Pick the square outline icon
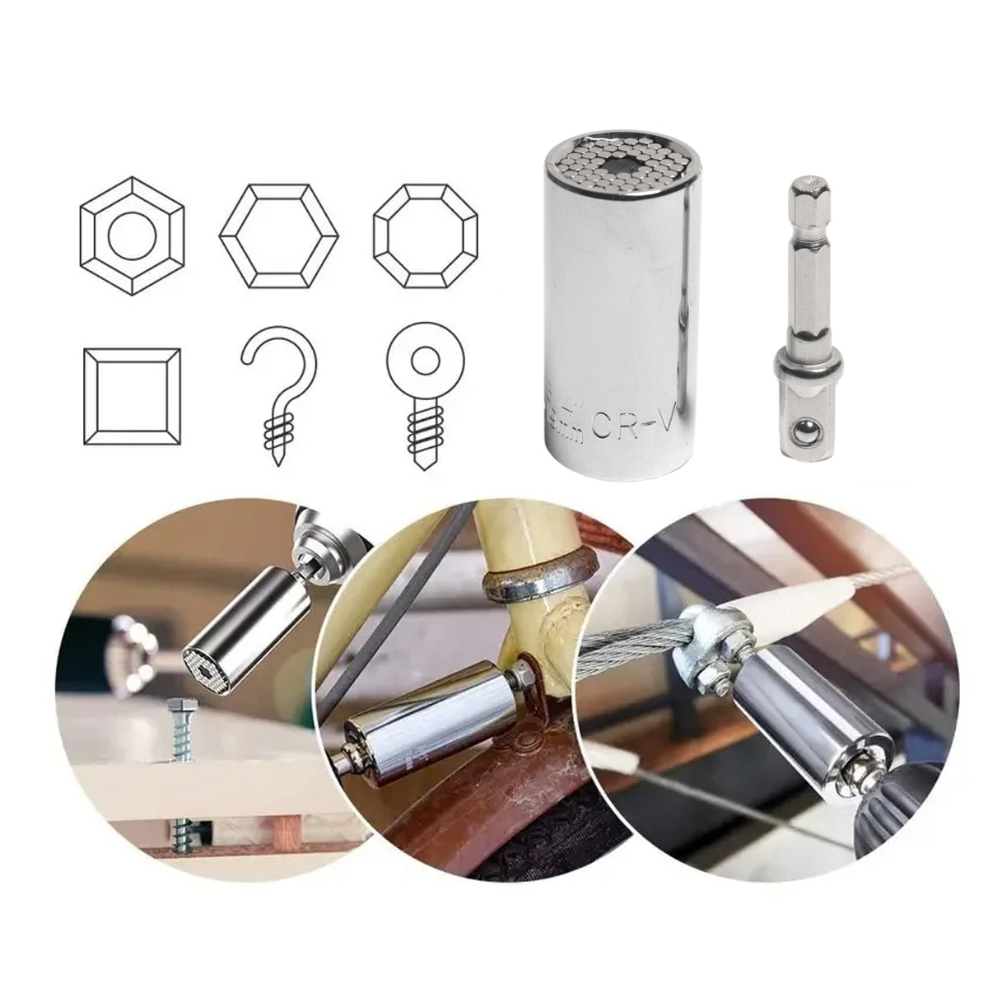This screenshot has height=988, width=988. tap(132, 398)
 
